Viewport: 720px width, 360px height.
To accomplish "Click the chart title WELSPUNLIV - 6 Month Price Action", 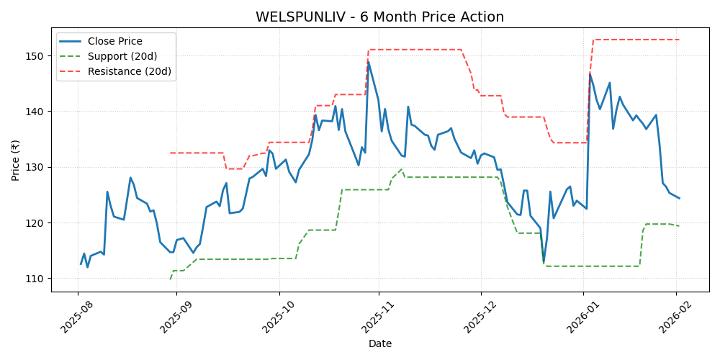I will pyautogui.click(x=379, y=17).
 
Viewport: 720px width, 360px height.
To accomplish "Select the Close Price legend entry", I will pyautogui.click(x=114, y=42).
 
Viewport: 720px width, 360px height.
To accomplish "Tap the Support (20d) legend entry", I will pyautogui.click(x=122, y=56).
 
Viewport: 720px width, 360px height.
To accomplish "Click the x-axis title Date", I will pyautogui.click(x=379, y=344).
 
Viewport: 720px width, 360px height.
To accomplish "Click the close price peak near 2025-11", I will pyautogui.click(x=369, y=62).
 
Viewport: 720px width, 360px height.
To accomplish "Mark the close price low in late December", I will pyautogui.click(x=544, y=262).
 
